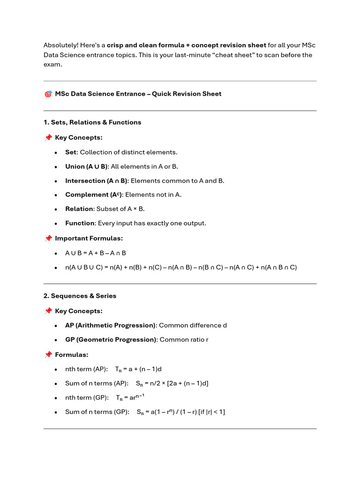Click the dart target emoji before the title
click(48, 94)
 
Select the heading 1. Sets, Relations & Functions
click(92, 122)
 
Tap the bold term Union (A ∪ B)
click(87, 166)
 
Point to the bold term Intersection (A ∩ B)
click(96, 181)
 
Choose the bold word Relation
click(80, 209)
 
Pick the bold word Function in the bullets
click(80, 223)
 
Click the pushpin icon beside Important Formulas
click(48, 239)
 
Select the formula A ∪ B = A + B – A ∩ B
click(96, 253)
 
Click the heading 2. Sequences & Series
click(80, 296)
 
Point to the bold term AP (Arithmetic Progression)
click(110, 325)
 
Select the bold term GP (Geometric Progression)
click(110, 340)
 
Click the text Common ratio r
click(184, 340)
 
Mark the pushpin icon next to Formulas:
click(48, 355)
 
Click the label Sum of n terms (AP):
click(96, 383)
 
